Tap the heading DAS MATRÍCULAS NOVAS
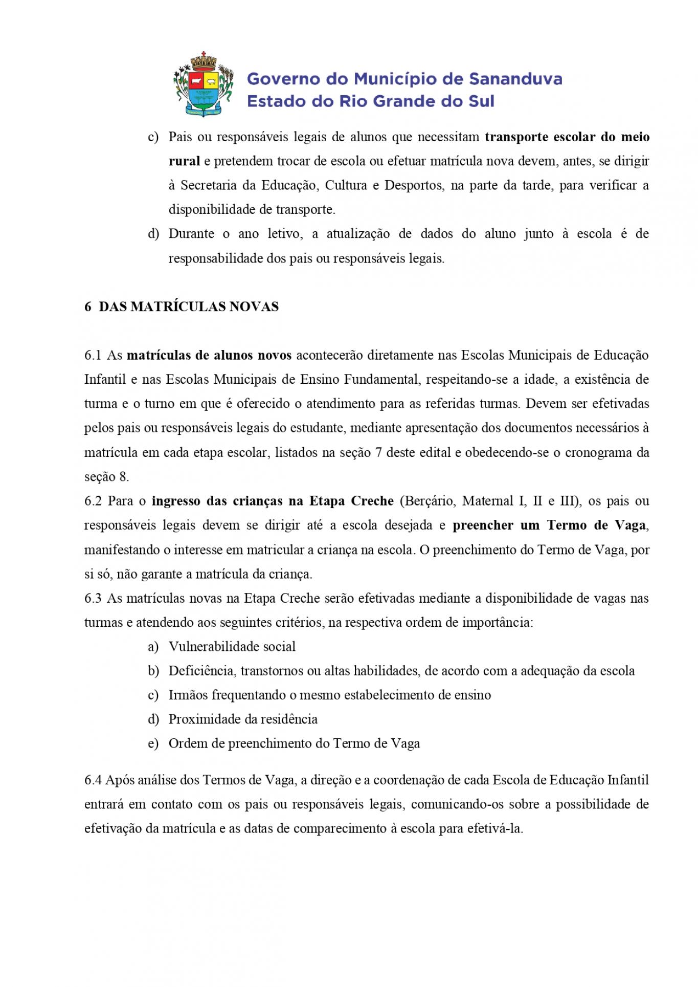coord(188,306)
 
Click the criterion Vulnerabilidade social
coord(232,647)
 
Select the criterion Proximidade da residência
coord(243,719)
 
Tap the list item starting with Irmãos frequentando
coord(329,695)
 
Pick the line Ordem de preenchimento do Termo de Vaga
coord(294,743)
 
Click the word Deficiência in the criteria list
coord(201,671)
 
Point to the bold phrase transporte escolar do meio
coord(567,137)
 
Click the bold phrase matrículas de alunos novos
coord(209,355)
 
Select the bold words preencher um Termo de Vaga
coord(550,525)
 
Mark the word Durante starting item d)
coord(191,234)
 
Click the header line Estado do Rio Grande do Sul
coord(371,101)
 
